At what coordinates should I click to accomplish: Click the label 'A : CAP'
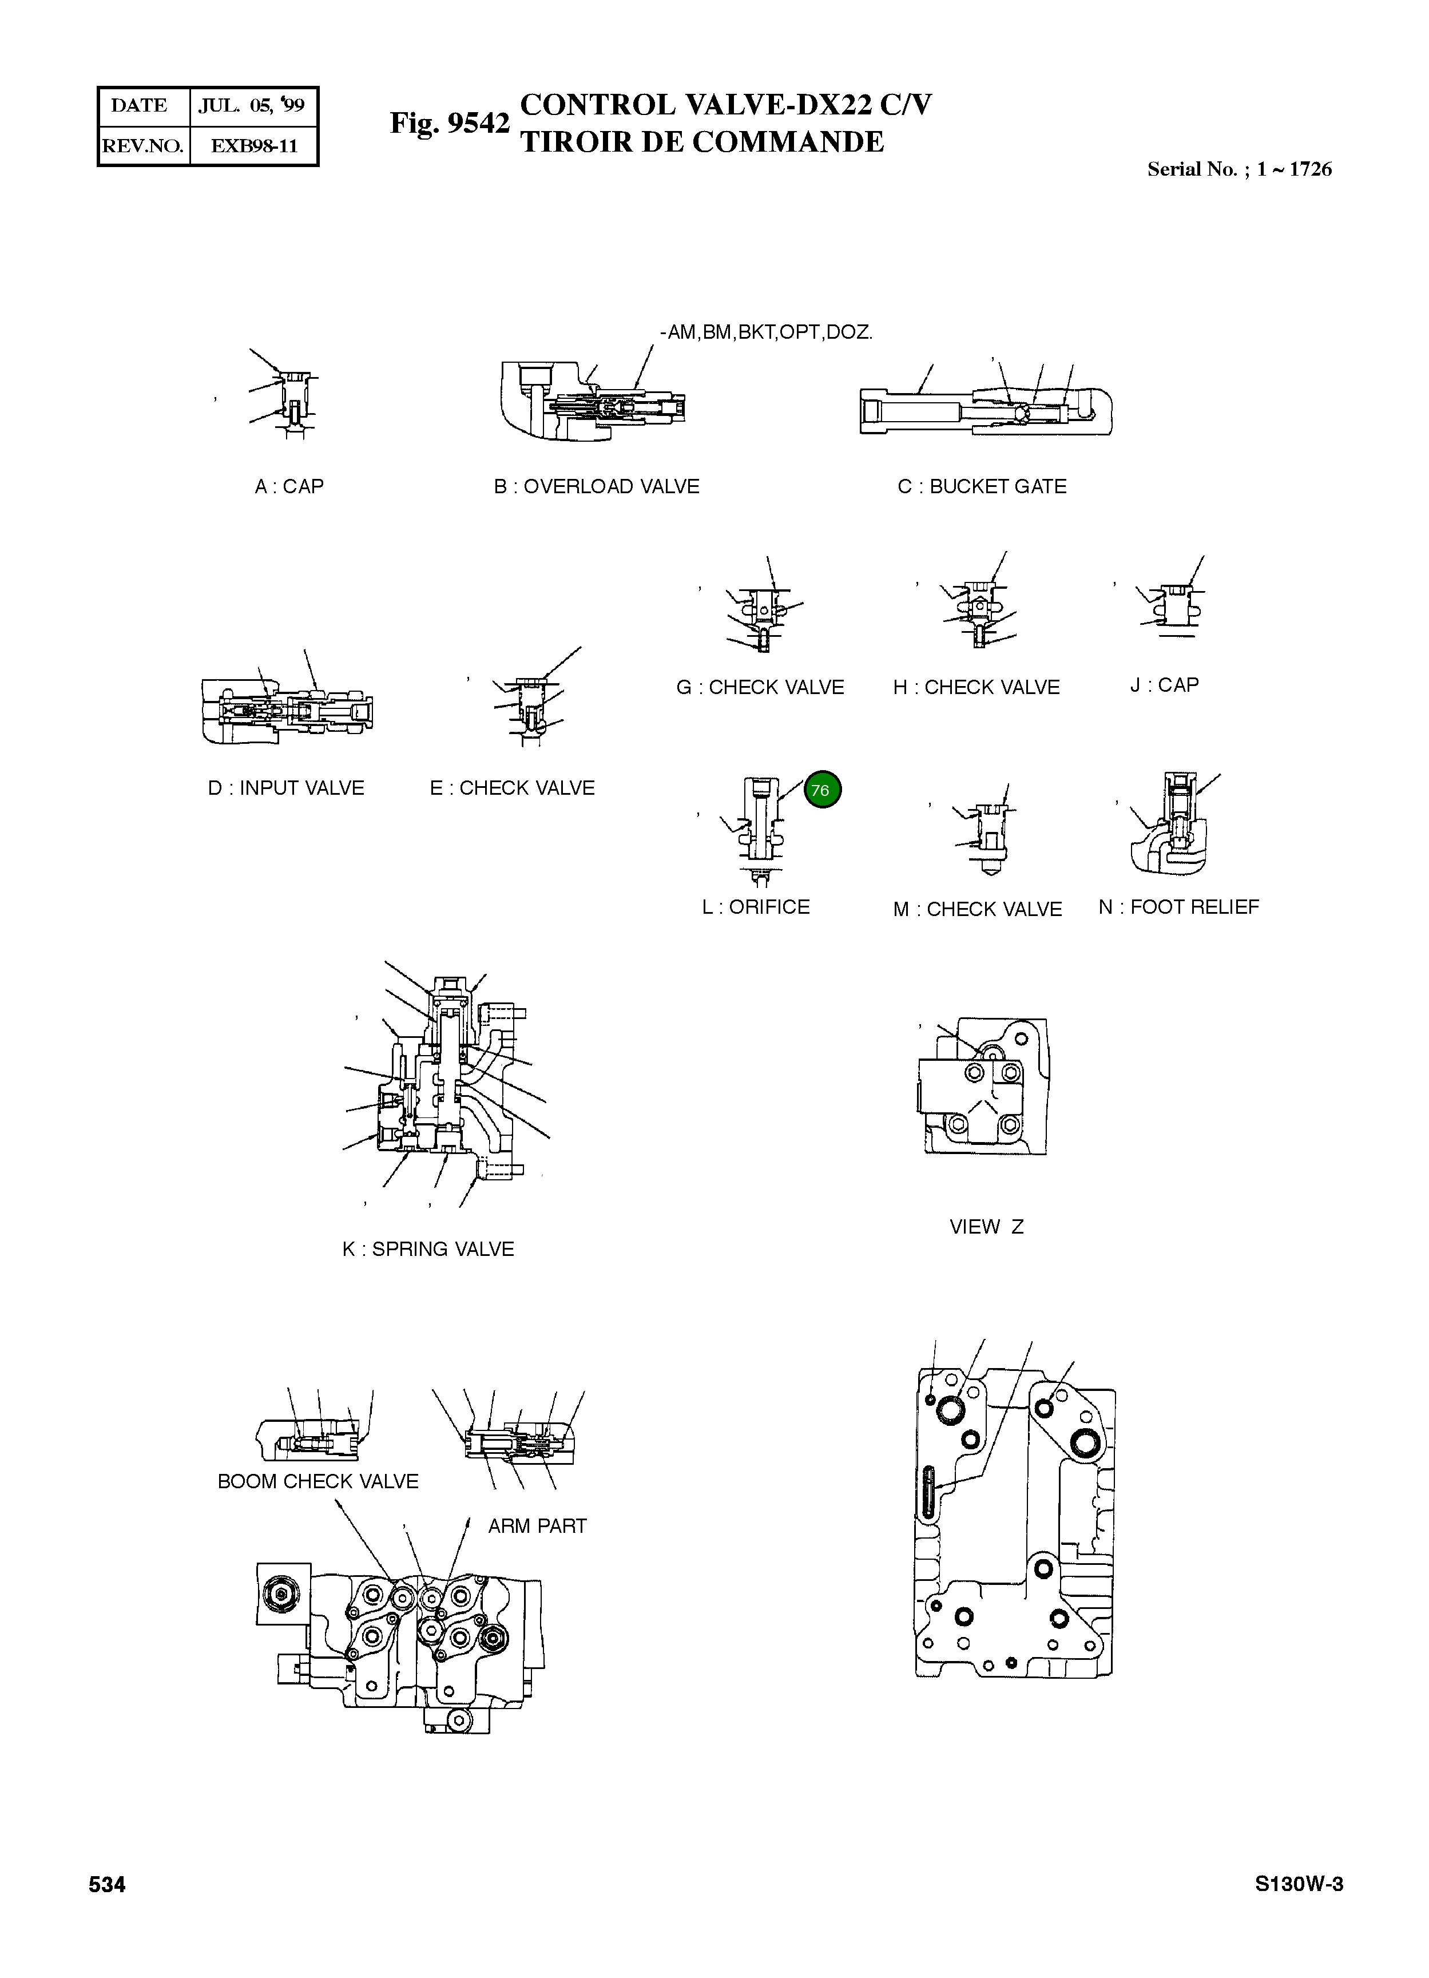coord(288,487)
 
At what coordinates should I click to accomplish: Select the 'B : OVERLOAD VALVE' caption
coord(596,487)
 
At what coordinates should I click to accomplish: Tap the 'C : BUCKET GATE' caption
coord(982,487)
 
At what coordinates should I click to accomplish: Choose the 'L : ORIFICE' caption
coord(756,907)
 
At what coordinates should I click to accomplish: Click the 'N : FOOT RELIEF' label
coord(1179,907)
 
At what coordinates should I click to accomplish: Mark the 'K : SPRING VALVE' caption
coord(428,1249)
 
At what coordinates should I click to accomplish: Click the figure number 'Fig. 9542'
coord(449,124)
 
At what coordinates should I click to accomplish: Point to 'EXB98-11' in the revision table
coord(254,146)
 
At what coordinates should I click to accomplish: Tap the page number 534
coord(107,1885)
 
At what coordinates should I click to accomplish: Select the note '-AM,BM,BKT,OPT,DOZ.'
coord(767,332)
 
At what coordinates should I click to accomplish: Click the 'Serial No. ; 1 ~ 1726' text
coord(1239,169)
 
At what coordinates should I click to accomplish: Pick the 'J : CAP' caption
coord(1164,685)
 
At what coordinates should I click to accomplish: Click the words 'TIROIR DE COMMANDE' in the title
coord(702,142)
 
